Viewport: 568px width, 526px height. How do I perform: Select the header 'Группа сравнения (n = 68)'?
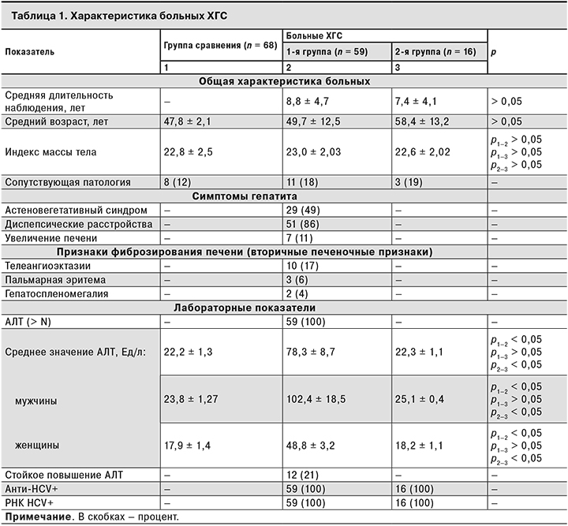tap(219, 46)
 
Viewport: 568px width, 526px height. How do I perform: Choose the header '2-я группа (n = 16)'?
tap(436, 52)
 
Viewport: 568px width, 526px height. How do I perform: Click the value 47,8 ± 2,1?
tap(187, 121)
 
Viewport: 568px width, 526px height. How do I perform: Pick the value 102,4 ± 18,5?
tap(320, 401)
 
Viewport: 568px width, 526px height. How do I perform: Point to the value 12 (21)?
tap(301, 475)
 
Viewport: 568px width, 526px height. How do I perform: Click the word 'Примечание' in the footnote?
tap(34, 517)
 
